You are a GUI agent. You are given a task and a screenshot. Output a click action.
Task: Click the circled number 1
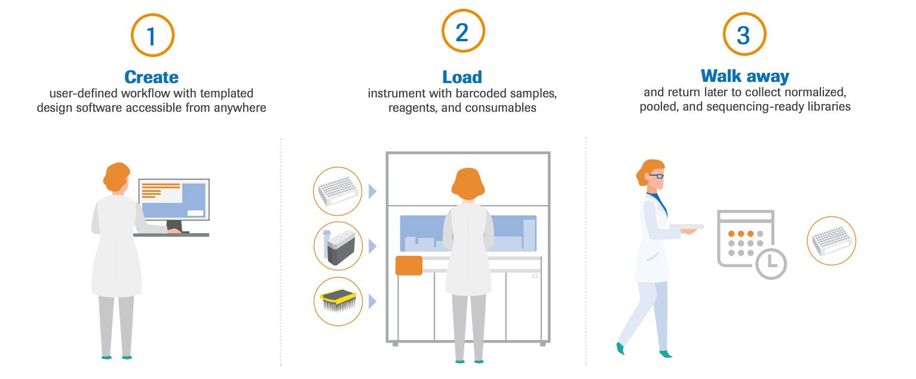click(152, 35)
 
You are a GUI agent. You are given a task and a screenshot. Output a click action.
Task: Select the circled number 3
click(744, 34)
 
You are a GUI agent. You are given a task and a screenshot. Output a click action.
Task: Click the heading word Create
click(151, 77)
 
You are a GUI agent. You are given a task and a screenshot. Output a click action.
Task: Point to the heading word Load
click(462, 77)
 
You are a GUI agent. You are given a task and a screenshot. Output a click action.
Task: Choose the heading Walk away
click(745, 76)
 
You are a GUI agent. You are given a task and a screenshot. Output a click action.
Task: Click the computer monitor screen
click(174, 200)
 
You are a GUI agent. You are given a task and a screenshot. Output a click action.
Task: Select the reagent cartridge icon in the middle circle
click(338, 246)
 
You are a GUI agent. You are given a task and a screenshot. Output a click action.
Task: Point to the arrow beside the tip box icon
click(373, 301)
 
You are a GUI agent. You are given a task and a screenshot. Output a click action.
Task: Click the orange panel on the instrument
click(409, 265)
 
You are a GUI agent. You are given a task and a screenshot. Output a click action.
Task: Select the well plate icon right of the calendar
click(831, 240)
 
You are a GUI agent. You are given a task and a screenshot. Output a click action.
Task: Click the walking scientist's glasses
click(655, 176)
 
